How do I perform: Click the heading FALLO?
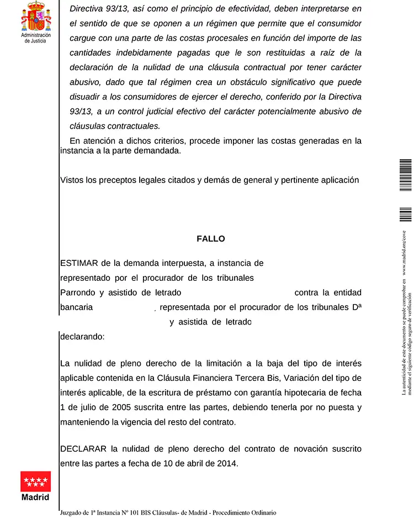coord(211,239)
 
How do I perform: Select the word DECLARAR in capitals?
coord(83,449)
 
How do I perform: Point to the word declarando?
coord(82,336)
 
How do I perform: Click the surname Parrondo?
coord(77,292)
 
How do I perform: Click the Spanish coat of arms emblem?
coord(36,17)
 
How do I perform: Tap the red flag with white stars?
coord(35,482)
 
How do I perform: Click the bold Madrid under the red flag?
coord(35,497)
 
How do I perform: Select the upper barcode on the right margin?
coord(406,175)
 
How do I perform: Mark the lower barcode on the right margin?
coord(406,215)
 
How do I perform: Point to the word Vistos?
coord(72,180)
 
